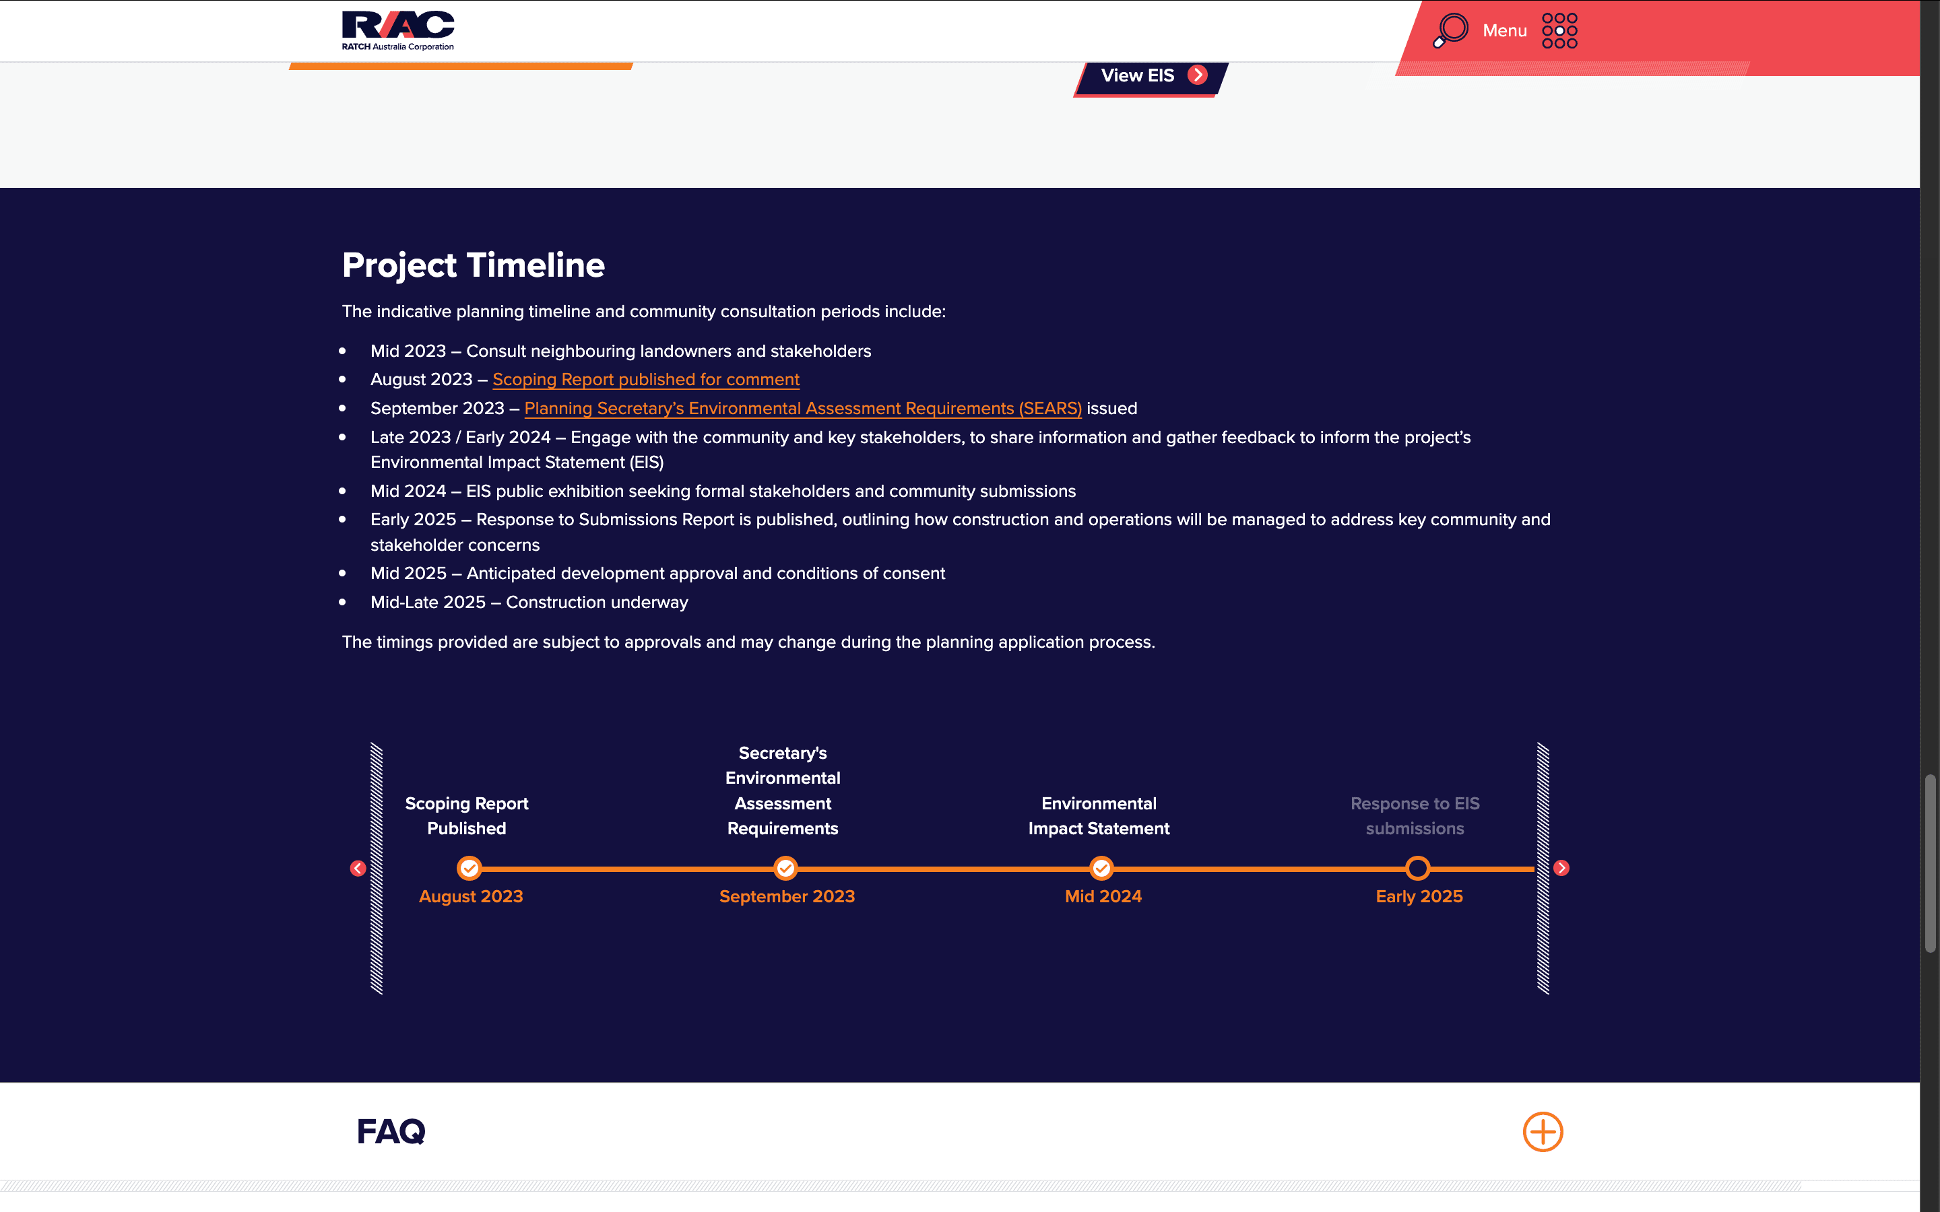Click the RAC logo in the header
pyautogui.click(x=397, y=30)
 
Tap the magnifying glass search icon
pyautogui.click(x=1450, y=30)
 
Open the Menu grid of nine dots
pyautogui.click(x=1559, y=30)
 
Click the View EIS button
pyautogui.click(x=1151, y=76)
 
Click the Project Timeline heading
pyautogui.click(x=473, y=265)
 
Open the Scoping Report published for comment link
pyautogui.click(x=646, y=380)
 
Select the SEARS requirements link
pyautogui.click(x=802, y=409)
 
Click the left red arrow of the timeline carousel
pyautogui.click(x=358, y=868)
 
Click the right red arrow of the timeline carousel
pyautogui.click(x=1561, y=868)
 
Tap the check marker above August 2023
pyautogui.click(x=469, y=868)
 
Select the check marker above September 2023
pyautogui.click(x=785, y=868)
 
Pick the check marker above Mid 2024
pyautogui.click(x=1101, y=868)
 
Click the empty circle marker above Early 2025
pyautogui.click(x=1417, y=858)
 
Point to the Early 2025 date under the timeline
pyautogui.click(x=1419, y=897)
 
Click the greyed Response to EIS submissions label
pyautogui.click(x=1415, y=816)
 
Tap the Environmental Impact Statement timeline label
pyautogui.click(x=1099, y=816)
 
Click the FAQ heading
pyautogui.click(x=391, y=1132)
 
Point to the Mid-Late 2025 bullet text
pyautogui.click(x=529, y=603)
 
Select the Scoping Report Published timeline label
pyautogui.click(x=467, y=816)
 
